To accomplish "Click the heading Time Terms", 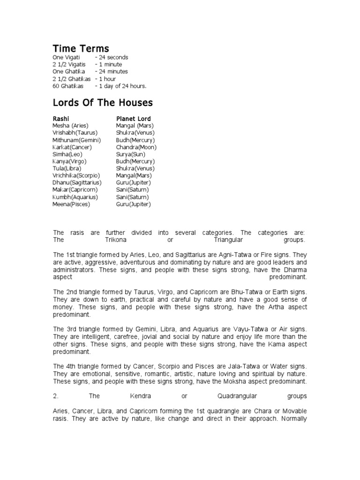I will click(81, 49).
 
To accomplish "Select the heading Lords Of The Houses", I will click(103, 103).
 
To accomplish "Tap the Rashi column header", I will click(61, 119).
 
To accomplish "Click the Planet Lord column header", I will click(134, 119).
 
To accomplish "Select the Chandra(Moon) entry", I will click(136, 147).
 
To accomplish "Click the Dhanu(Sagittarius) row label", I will click(77, 182).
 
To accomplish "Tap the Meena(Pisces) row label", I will click(71, 204).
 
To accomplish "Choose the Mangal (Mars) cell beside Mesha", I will click(135, 126).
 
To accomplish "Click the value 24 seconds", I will click(112, 57).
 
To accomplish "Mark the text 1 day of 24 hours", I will click(122, 86).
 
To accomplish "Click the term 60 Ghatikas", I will click(68, 86).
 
